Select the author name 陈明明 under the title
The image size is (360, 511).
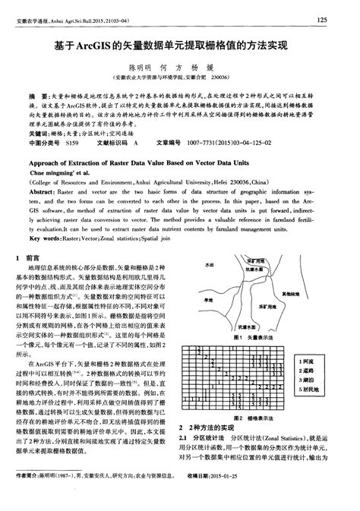coord(141,67)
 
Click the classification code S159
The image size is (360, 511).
coord(72,141)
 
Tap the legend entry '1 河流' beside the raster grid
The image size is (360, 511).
coord(310,363)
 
